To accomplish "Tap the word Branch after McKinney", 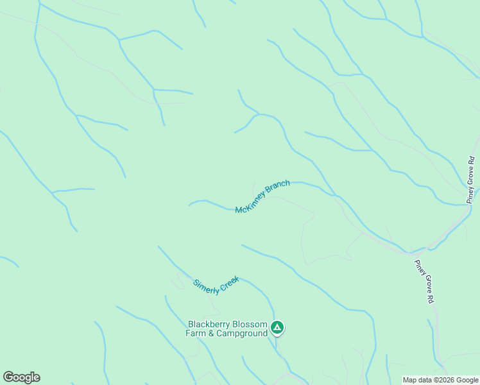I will [279, 188].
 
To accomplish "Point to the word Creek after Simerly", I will [229, 282].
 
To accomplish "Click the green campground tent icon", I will [277, 328].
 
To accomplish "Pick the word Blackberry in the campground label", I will [207, 325].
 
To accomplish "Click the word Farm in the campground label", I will [195, 334].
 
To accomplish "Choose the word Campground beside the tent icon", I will [241, 334].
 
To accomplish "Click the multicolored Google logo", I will [21, 377].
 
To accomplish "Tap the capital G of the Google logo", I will [8, 377].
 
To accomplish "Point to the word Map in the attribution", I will [409, 380].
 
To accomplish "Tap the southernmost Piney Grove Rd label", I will [425, 282].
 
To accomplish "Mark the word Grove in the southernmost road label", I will [425, 283].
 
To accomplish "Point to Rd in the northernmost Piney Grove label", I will [471, 160].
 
